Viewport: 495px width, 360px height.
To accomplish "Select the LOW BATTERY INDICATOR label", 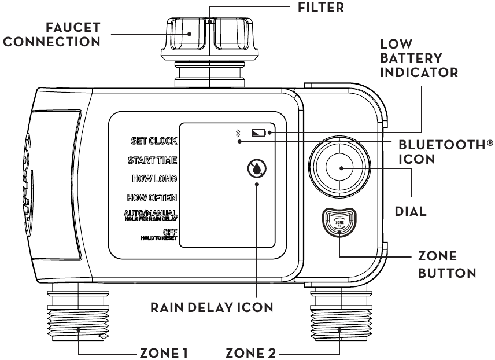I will click(411, 59).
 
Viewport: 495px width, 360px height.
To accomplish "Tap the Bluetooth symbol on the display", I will click(237, 134).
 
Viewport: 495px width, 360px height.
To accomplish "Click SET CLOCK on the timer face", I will click(154, 141).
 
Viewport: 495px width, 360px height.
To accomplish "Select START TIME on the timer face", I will click(153, 160).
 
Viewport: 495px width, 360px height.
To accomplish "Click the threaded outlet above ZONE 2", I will click(339, 319).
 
